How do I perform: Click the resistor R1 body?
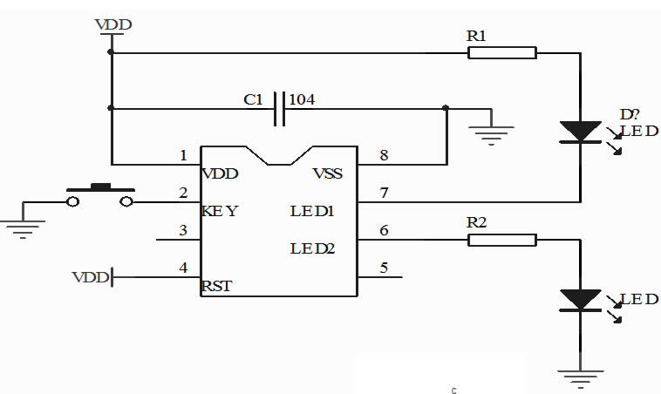tap(501, 52)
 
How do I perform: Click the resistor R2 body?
tap(501, 240)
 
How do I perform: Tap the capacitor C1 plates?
tap(279, 109)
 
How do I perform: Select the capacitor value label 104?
tap(302, 99)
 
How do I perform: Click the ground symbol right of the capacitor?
tap(490, 132)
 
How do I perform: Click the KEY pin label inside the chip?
tap(219, 211)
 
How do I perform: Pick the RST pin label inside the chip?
tap(216, 285)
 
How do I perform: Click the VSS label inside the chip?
tap(327, 173)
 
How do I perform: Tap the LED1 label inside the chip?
tap(312, 211)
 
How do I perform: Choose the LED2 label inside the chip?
tap(312, 248)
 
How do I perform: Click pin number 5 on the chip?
tap(384, 268)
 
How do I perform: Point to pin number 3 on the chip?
tap(182, 230)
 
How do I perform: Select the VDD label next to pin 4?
tap(90, 277)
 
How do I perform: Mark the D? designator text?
tap(630, 115)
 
